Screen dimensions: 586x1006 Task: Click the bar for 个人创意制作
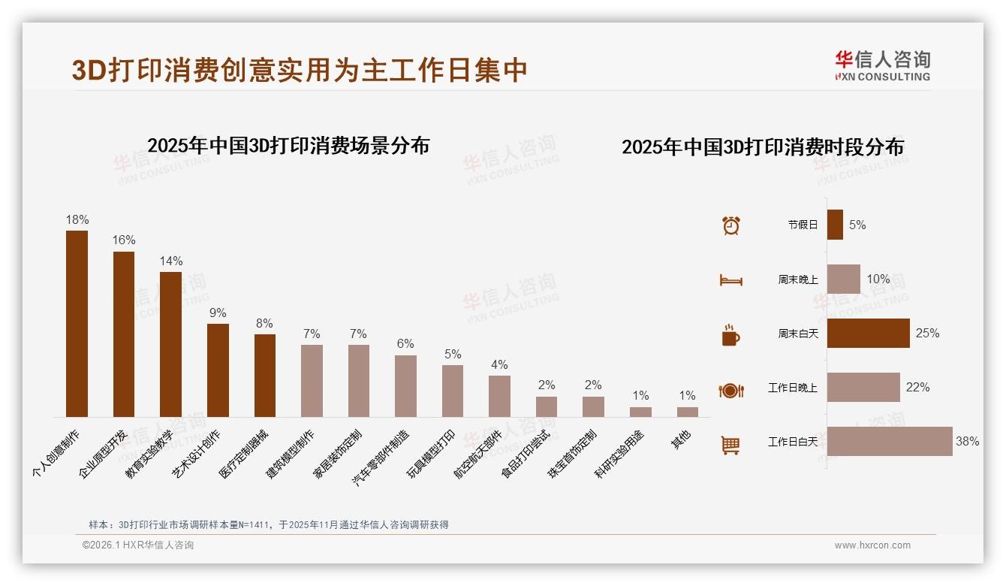coord(77,323)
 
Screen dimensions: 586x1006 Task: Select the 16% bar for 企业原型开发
coord(124,334)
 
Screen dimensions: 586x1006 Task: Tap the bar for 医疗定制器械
coord(265,375)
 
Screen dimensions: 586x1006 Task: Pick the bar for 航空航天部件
coord(499,396)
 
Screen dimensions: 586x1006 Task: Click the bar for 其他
coord(687,412)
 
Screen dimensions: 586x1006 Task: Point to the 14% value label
coord(171,261)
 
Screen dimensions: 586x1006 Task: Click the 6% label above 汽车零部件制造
coord(405,344)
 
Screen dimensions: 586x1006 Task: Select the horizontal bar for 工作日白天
coord(890,442)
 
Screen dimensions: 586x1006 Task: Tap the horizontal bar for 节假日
coord(835,225)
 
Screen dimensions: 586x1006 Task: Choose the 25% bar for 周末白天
coord(868,333)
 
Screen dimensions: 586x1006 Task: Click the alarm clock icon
coord(730,225)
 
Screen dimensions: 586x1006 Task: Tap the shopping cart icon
coord(730,445)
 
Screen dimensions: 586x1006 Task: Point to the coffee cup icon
coord(730,334)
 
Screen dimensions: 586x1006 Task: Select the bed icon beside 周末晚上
coord(730,280)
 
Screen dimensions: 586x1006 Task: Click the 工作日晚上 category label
coord(793,388)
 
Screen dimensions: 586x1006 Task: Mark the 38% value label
coord(967,442)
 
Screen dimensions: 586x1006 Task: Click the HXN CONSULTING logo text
coord(883,77)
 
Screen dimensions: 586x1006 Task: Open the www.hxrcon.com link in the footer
coord(872,545)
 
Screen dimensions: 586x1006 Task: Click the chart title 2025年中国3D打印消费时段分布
coord(762,147)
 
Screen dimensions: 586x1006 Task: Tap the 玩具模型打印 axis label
coord(432,455)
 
